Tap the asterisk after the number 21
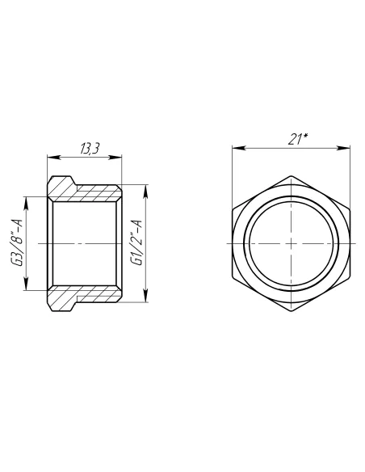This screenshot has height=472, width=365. point(305,137)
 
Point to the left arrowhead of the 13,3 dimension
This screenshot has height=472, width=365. point(52,156)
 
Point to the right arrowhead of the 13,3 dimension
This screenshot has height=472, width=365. point(120,156)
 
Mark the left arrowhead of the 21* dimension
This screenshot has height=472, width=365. point(234,148)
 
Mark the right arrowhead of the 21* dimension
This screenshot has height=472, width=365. point(350,148)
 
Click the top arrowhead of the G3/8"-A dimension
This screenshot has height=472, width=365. point(28,197)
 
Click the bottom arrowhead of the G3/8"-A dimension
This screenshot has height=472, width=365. point(28,290)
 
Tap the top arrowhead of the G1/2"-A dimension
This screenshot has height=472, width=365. point(146,187)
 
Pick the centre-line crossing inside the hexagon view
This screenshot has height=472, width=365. point(292,243)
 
